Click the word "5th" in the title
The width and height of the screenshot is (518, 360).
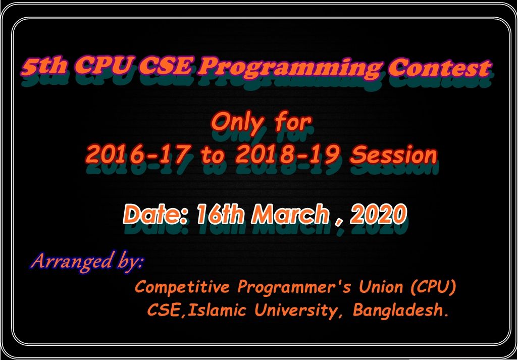point(44,66)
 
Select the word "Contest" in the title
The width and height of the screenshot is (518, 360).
point(439,68)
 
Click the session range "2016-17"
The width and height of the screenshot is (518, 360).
point(138,155)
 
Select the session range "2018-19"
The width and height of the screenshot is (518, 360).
point(287,155)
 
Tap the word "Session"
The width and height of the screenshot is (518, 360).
point(393,155)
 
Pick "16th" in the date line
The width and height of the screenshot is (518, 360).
point(220,214)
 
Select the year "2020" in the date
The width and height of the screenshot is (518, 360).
point(378,214)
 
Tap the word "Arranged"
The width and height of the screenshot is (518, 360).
point(71,261)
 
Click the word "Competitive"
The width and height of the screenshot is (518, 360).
point(182,287)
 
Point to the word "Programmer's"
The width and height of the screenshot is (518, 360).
point(294,287)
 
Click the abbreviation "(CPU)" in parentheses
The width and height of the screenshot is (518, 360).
point(433,287)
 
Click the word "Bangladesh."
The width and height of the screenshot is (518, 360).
point(401,311)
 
